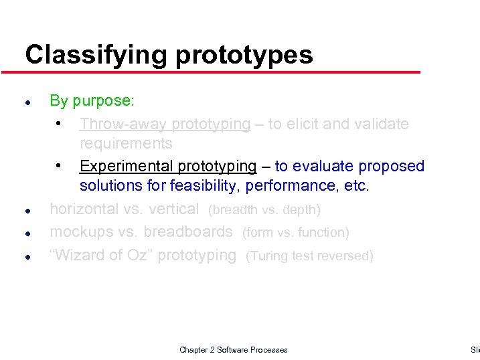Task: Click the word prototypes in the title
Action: point(244,55)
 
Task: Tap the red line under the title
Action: point(221,72)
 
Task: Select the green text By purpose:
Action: point(92,101)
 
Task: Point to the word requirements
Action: point(126,143)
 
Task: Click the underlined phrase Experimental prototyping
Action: point(167,166)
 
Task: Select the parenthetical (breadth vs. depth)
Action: point(264,210)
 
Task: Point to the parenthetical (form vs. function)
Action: point(295,233)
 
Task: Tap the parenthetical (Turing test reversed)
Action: point(309,256)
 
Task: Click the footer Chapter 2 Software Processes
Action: point(234,350)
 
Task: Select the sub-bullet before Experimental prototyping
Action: point(60,165)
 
